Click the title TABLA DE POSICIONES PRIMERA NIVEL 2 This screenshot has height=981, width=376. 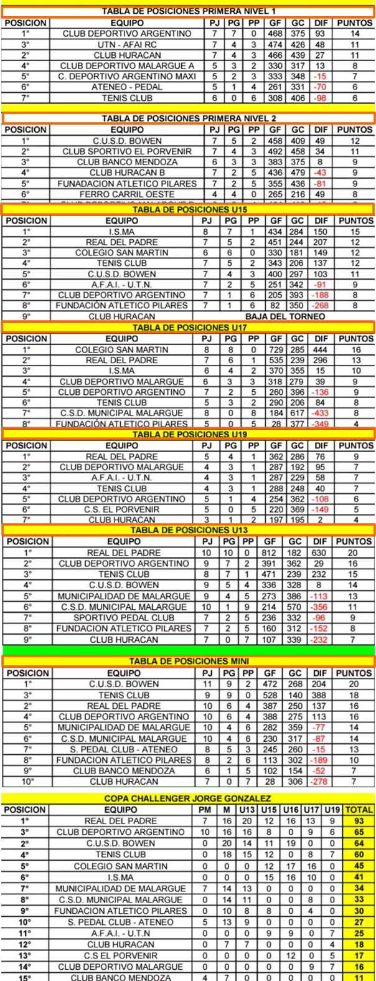[189, 118]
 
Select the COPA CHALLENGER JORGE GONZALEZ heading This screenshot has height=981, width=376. [187, 799]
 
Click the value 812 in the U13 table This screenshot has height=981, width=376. [270, 552]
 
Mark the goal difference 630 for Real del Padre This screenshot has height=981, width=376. [321, 552]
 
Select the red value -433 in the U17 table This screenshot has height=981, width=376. [321, 413]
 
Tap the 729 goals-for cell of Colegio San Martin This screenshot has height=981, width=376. [270, 350]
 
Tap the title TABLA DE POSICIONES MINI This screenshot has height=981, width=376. [187, 661]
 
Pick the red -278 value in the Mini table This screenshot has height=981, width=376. [321, 781]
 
